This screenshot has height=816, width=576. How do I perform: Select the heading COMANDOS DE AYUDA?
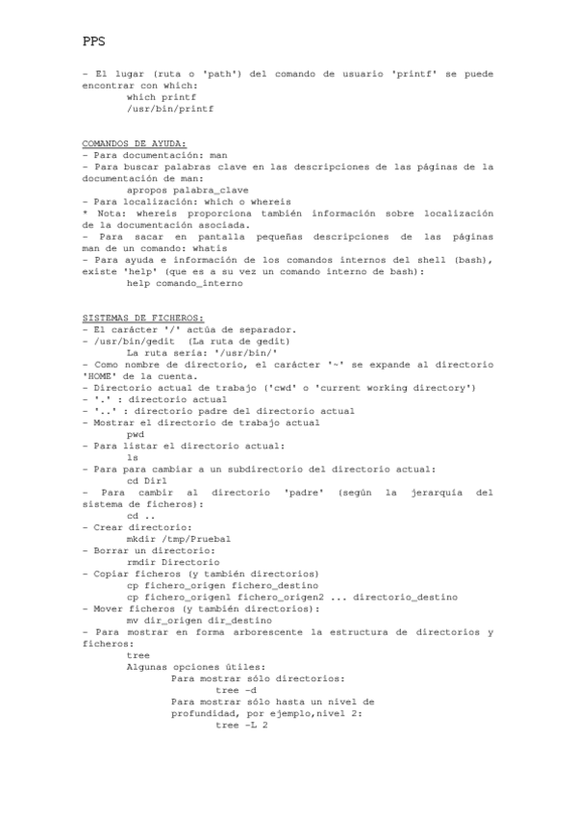pyautogui.click(x=135, y=143)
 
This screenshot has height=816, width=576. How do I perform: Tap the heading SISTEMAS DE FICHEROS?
pyautogui.click(x=142, y=318)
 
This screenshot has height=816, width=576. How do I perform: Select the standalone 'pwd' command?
pyautogui.click(x=135, y=434)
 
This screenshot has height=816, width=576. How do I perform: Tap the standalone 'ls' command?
pyautogui.click(x=132, y=457)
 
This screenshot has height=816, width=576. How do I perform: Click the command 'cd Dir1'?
pyautogui.click(x=147, y=480)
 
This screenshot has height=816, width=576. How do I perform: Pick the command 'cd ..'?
pyautogui.click(x=139, y=516)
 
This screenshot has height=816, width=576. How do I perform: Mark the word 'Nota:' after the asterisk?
pyautogui.click(x=112, y=213)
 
